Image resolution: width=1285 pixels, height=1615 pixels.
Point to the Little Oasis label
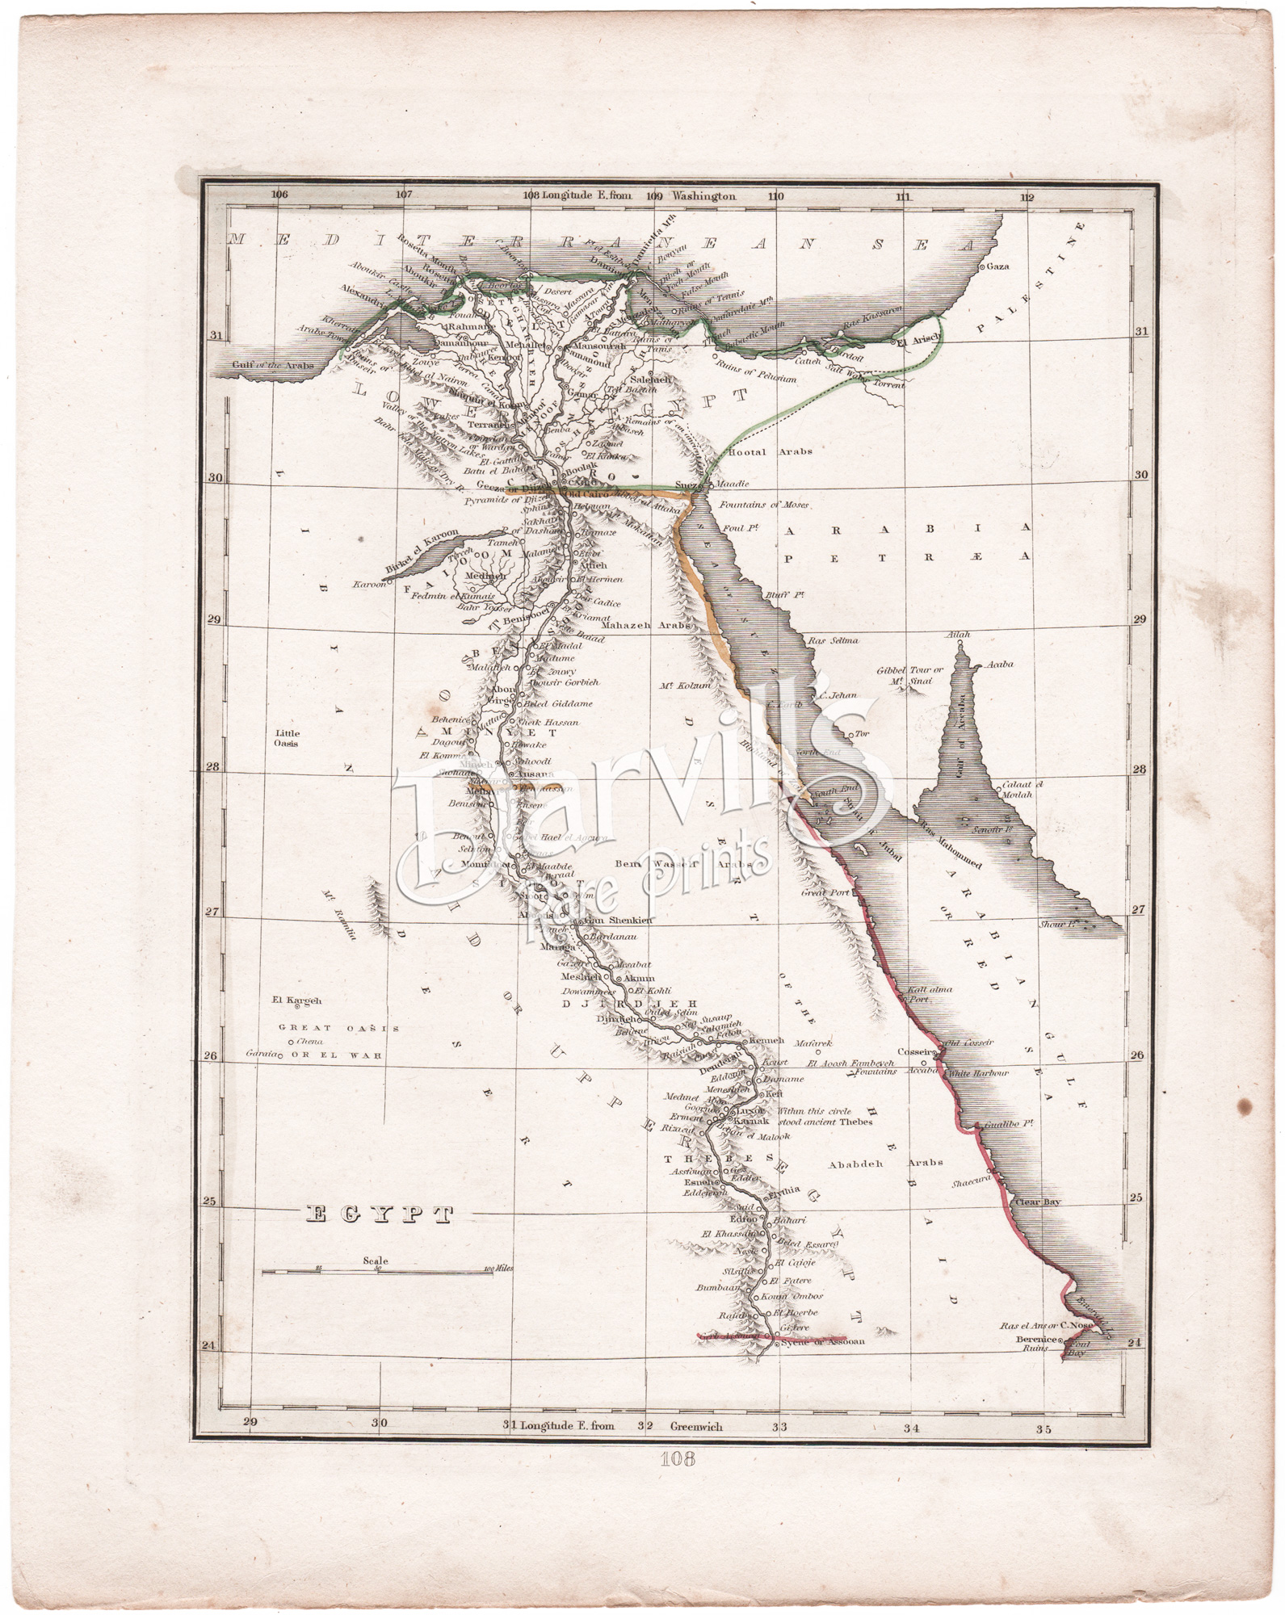coord(286,737)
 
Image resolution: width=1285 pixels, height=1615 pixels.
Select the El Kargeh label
coord(298,1001)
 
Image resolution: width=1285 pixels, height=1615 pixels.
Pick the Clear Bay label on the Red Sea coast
coord(1037,1201)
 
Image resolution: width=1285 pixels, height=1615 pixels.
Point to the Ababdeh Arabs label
coord(885,1163)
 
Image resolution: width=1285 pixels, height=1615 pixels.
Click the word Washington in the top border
coord(703,195)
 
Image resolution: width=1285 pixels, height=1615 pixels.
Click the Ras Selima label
coord(834,640)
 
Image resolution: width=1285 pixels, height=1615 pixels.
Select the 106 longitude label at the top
coord(279,195)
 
